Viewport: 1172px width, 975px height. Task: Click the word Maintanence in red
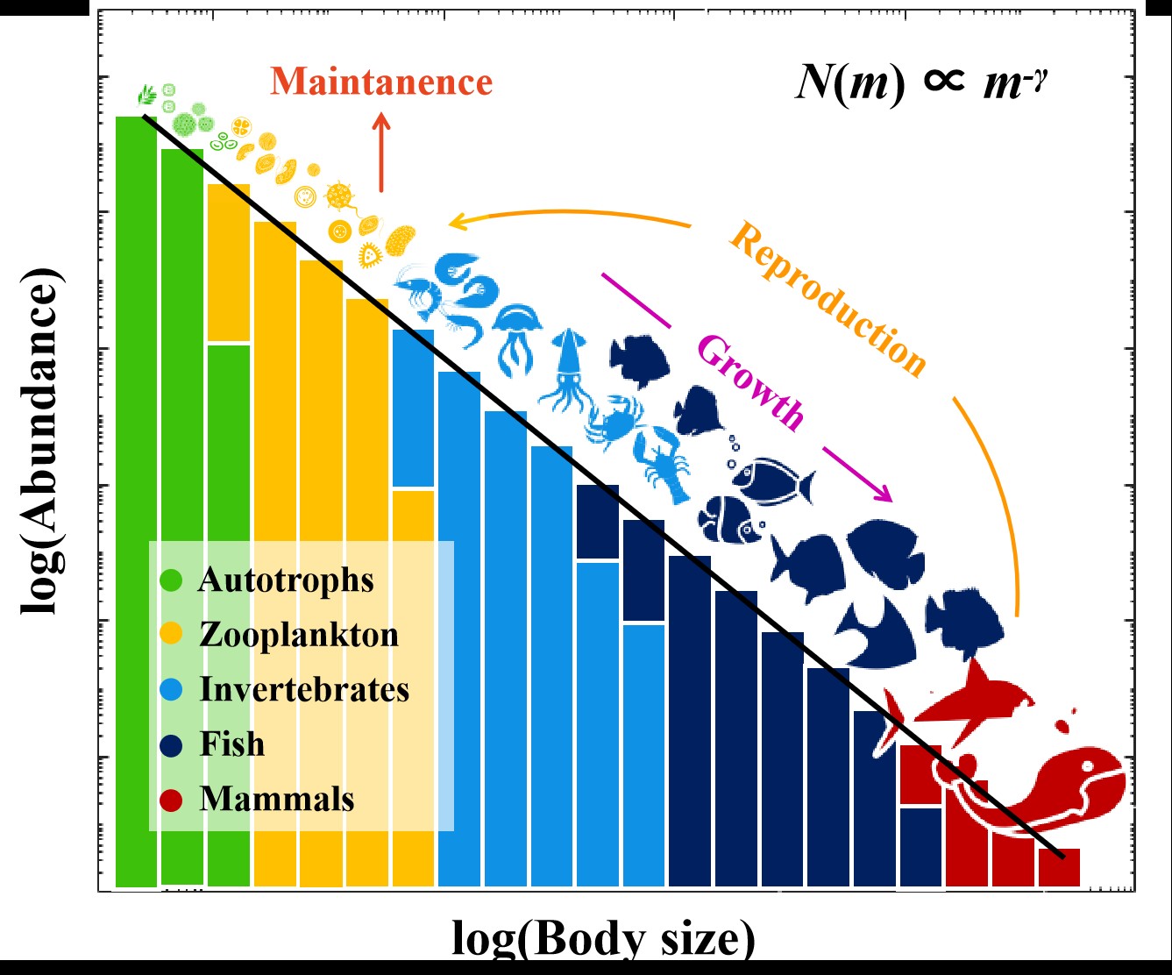point(381,82)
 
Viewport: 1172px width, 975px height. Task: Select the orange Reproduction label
point(827,299)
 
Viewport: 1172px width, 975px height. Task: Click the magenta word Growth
point(749,384)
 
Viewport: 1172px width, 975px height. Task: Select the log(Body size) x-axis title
point(603,939)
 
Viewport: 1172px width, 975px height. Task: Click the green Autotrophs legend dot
point(172,580)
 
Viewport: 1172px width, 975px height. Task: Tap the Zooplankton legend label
point(299,634)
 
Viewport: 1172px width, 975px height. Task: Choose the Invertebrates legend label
point(304,689)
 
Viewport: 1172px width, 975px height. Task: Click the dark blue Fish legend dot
point(172,744)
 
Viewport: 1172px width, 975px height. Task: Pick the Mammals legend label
point(277,799)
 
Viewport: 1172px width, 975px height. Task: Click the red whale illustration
point(1043,789)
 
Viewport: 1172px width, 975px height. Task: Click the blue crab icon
point(613,418)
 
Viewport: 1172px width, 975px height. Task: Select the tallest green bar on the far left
point(136,500)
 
